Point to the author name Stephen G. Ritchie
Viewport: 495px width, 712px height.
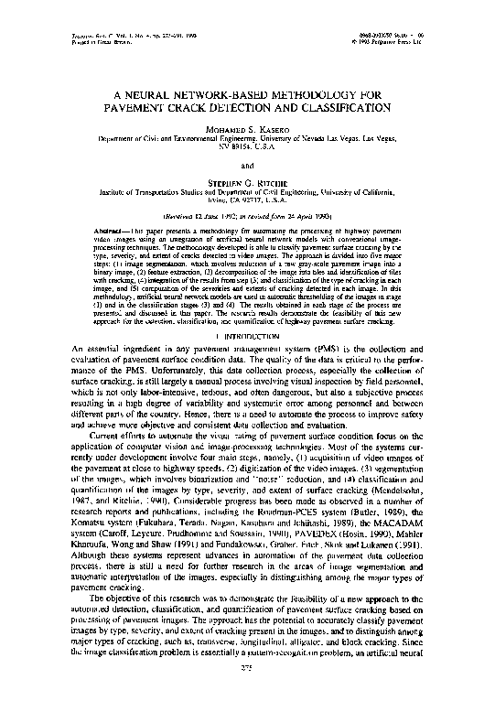coord(247,183)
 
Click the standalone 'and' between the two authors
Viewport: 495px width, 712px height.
coord(247,165)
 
